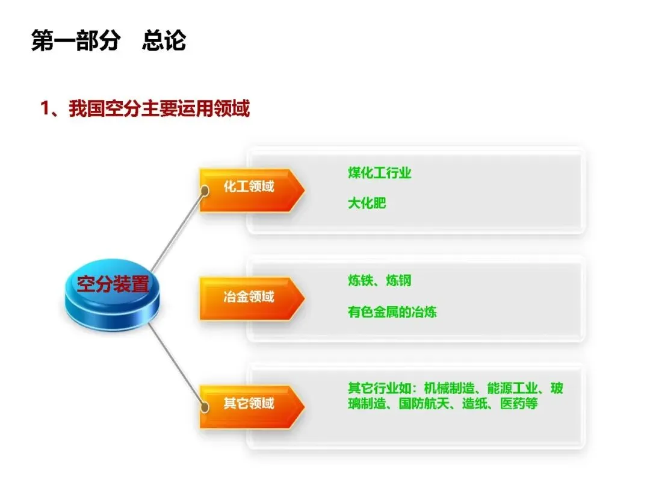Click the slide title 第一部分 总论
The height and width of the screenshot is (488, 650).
(x=108, y=41)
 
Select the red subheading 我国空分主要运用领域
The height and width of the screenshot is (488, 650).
(x=159, y=109)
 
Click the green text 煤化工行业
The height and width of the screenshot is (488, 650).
(x=379, y=173)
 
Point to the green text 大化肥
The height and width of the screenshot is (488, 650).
(x=367, y=203)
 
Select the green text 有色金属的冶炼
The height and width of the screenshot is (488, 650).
(x=392, y=311)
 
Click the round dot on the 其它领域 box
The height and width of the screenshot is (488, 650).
(x=205, y=407)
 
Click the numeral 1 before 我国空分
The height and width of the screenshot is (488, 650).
(x=44, y=110)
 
